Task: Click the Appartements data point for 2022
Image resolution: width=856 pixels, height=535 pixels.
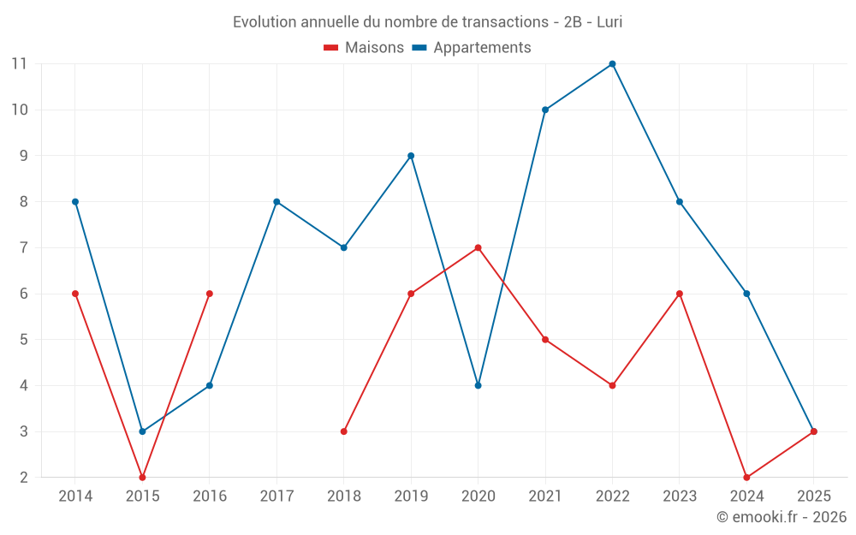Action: [x=612, y=63]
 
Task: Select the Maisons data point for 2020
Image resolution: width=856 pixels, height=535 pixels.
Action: [x=478, y=247]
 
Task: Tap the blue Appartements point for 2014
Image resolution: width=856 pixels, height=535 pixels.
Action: [x=75, y=202]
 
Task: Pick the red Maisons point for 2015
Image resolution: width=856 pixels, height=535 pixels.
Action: [x=142, y=478]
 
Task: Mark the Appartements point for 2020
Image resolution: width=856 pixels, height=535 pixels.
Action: [x=478, y=385]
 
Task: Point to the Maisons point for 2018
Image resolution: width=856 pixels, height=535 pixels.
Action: [x=344, y=431]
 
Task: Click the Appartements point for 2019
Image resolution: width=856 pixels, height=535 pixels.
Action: [x=411, y=156]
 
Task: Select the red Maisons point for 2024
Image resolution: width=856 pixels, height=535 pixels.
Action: [x=746, y=478]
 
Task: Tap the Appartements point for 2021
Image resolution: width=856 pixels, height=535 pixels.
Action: [x=545, y=110]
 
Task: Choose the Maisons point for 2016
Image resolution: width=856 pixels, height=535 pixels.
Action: [x=209, y=294]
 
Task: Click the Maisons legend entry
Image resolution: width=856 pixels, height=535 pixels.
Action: [x=364, y=48]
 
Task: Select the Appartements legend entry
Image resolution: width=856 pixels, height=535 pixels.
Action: [x=472, y=48]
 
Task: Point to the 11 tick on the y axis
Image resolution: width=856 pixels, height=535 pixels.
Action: [x=19, y=63]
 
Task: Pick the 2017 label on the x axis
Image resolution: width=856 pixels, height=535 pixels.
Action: [x=276, y=496]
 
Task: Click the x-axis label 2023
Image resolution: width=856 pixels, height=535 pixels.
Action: [x=680, y=496]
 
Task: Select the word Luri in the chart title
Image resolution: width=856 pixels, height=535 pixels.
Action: [x=609, y=21]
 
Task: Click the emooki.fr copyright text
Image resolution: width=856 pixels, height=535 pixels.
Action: [x=782, y=517]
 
